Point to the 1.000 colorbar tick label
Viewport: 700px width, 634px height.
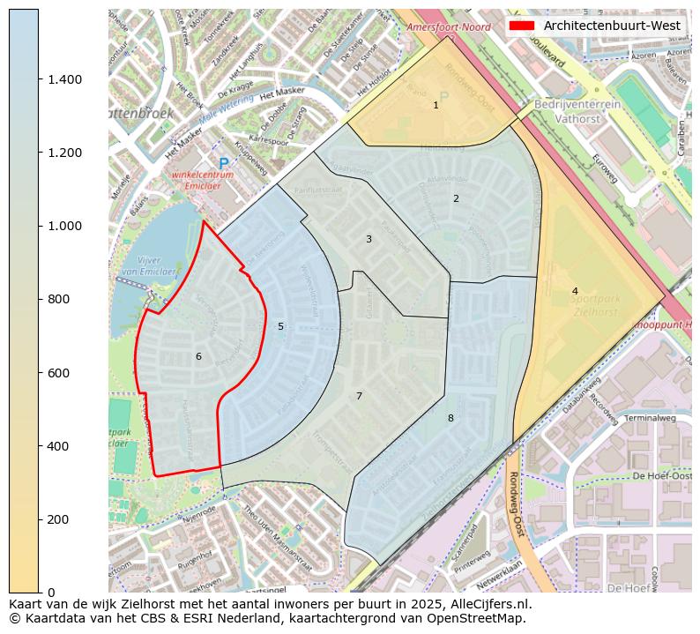(64, 226)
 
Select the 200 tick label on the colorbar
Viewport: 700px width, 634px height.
(58, 519)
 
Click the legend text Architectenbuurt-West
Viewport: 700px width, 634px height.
(612, 26)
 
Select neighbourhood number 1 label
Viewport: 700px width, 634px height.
(436, 105)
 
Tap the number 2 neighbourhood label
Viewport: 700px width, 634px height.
(456, 198)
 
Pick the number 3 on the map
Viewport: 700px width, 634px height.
(369, 239)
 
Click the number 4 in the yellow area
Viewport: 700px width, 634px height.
(575, 291)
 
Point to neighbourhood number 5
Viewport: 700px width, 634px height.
(280, 326)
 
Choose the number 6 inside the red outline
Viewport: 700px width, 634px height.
(198, 356)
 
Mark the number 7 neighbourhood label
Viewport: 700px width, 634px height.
(359, 396)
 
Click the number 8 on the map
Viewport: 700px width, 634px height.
(451, 418)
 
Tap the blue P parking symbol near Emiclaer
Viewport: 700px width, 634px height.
(224, 163)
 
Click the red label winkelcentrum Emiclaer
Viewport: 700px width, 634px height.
(204, 180)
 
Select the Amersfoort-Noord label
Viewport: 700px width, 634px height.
(449, 27)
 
